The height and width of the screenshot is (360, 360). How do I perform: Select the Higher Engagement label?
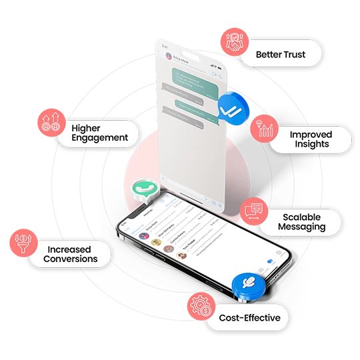coord(99,131)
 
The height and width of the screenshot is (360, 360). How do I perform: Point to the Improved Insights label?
coord(310,139)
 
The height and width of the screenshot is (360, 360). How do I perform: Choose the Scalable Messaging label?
coord(302,222)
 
